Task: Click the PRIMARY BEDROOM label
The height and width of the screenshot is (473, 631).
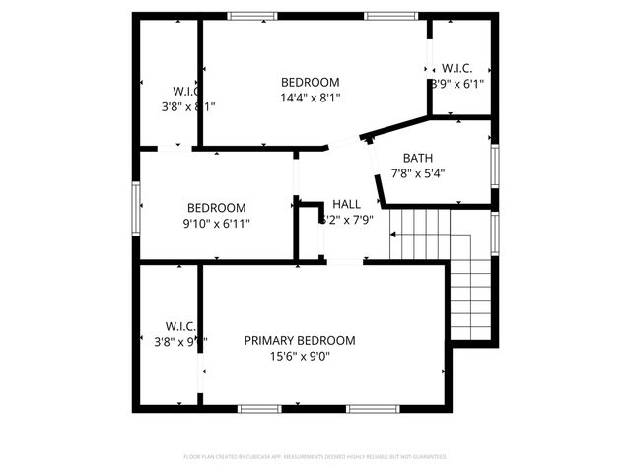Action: (300, 340)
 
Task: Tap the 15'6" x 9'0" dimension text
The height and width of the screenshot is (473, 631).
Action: (300, 357)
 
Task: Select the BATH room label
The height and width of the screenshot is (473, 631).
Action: (417, 158)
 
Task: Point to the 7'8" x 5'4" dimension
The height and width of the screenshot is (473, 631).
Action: (417, 173)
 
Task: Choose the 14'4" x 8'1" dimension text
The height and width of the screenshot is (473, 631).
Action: (310, 98)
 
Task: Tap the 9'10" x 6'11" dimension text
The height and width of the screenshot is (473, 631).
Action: (216, 224)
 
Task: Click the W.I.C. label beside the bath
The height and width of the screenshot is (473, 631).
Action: (456, 68)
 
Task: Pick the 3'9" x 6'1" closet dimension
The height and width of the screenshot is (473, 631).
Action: (457, 84)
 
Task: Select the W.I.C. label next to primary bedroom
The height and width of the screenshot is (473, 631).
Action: (180, 326)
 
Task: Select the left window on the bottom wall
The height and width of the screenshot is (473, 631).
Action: (259, 408)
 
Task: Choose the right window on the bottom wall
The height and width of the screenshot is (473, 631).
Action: (371, 408)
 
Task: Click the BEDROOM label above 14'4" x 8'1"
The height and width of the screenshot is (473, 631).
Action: (310, 82)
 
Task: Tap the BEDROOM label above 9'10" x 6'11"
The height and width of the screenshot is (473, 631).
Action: (216, 208)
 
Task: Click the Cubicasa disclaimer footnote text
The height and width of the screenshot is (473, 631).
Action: (315, 457)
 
